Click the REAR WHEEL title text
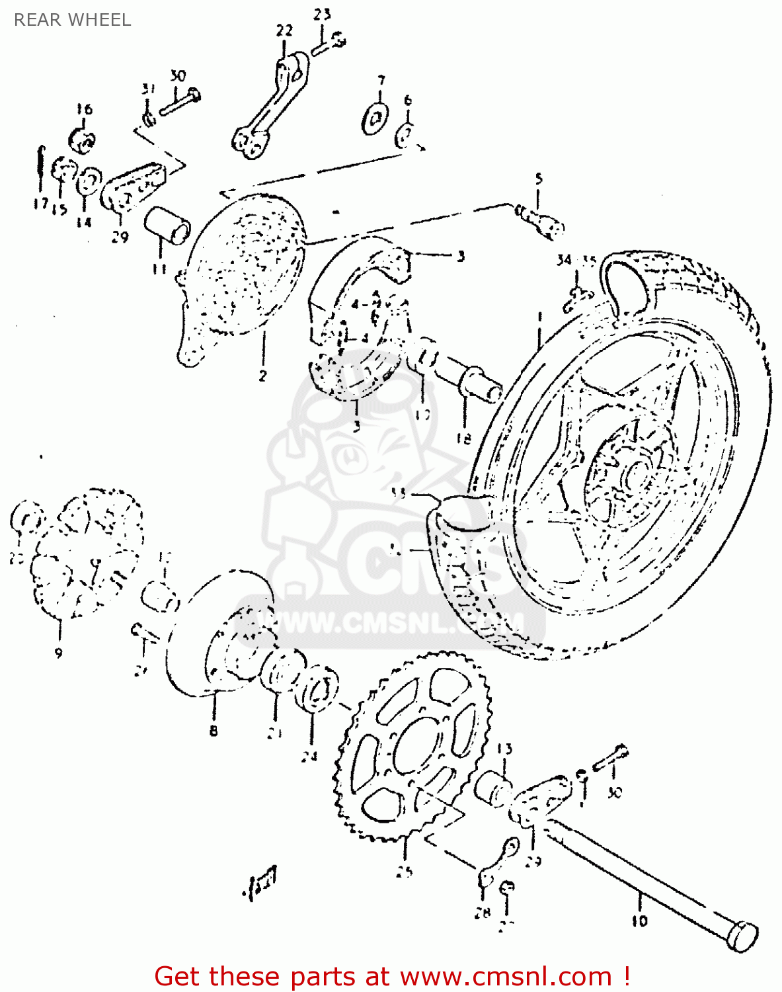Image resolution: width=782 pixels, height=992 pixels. [72, 20]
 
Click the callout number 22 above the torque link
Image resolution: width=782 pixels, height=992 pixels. [284, 30]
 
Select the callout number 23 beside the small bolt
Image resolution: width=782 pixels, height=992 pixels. [322, 14]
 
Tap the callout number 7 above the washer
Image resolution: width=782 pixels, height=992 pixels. [381, 81]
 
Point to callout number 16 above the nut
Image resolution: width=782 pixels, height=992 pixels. [84, 109]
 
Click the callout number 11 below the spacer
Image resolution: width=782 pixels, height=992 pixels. [159, 269]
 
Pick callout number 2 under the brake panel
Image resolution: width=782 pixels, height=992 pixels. [263, 376]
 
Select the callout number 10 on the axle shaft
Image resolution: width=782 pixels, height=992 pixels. [640, 920]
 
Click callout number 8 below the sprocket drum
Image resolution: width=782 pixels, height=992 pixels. [214, 731]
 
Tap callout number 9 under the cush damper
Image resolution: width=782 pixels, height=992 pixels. [58, 653]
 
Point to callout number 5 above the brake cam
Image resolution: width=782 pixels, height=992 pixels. [538, 179]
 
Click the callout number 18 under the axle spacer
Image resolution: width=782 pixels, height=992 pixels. [464, 438]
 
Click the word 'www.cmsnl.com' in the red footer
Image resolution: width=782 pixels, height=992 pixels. [506, 976]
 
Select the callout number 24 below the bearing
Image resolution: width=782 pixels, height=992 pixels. [309, 757]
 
